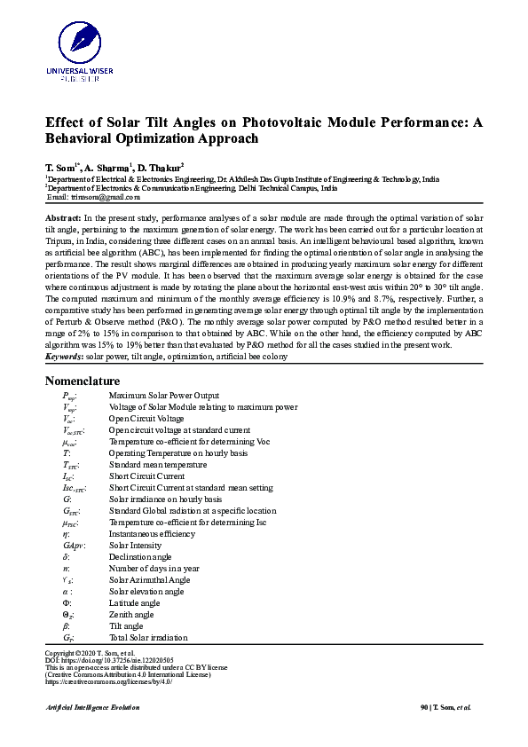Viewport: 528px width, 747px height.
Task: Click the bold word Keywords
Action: pyautogui.click(x=65, y=356)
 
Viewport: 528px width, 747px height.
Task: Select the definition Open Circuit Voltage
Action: pyautogui.click(x=146, y=418)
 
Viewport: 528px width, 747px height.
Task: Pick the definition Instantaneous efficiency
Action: pyautogui.click(x=153, y=534)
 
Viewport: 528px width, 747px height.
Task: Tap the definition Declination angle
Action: pyautogui.click(x=140, y=557)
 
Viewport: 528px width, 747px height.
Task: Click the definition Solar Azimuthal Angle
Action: pyautogui.click(x=149, y=580)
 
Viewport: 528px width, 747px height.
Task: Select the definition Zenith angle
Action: pyautogui.click(x=131, y=615)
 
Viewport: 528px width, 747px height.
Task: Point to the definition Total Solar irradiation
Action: pyautogui.click(x=148, y=638)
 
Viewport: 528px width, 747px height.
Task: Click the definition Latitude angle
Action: pyautogui.click(x=135, y=603)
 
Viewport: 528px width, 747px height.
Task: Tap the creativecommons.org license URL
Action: pyautogui.click(x=107, y=681)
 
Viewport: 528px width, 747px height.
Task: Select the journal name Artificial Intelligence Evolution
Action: pyautogui.click(x=92, y=707)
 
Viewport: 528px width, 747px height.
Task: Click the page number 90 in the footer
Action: pyautogui.click(x=424, y=707)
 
